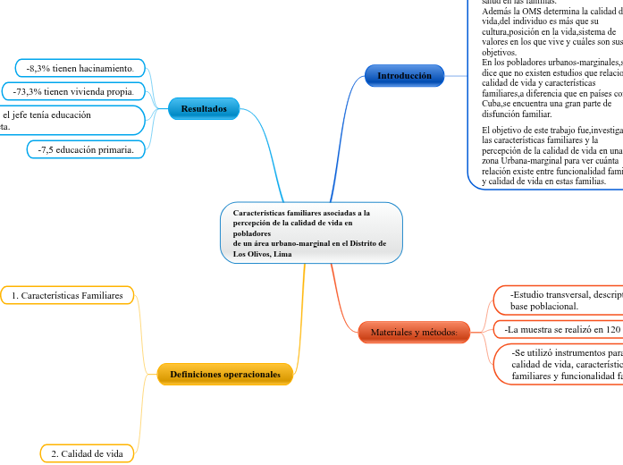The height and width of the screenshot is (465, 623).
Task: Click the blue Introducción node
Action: (x=404, y=76)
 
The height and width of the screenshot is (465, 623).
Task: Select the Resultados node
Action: (x=204, y=109)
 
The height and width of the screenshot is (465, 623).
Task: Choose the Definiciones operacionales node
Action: (x=224, y=374)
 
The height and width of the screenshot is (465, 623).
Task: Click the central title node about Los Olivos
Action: (x=311, y=233)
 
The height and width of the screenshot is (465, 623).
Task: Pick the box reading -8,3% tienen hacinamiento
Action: (x=80, y=68)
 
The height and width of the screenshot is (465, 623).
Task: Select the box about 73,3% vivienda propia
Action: (x=74, y=91)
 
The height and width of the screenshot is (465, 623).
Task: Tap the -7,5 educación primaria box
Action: (x=86, y=150)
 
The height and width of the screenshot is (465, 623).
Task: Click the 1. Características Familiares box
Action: (x=67, y=295)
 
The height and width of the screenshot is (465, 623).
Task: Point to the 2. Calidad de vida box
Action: (x=87, y=454)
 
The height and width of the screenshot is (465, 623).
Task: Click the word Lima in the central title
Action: (x=282, y=254)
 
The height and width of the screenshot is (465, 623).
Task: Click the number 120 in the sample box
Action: (x=612, y=329)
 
